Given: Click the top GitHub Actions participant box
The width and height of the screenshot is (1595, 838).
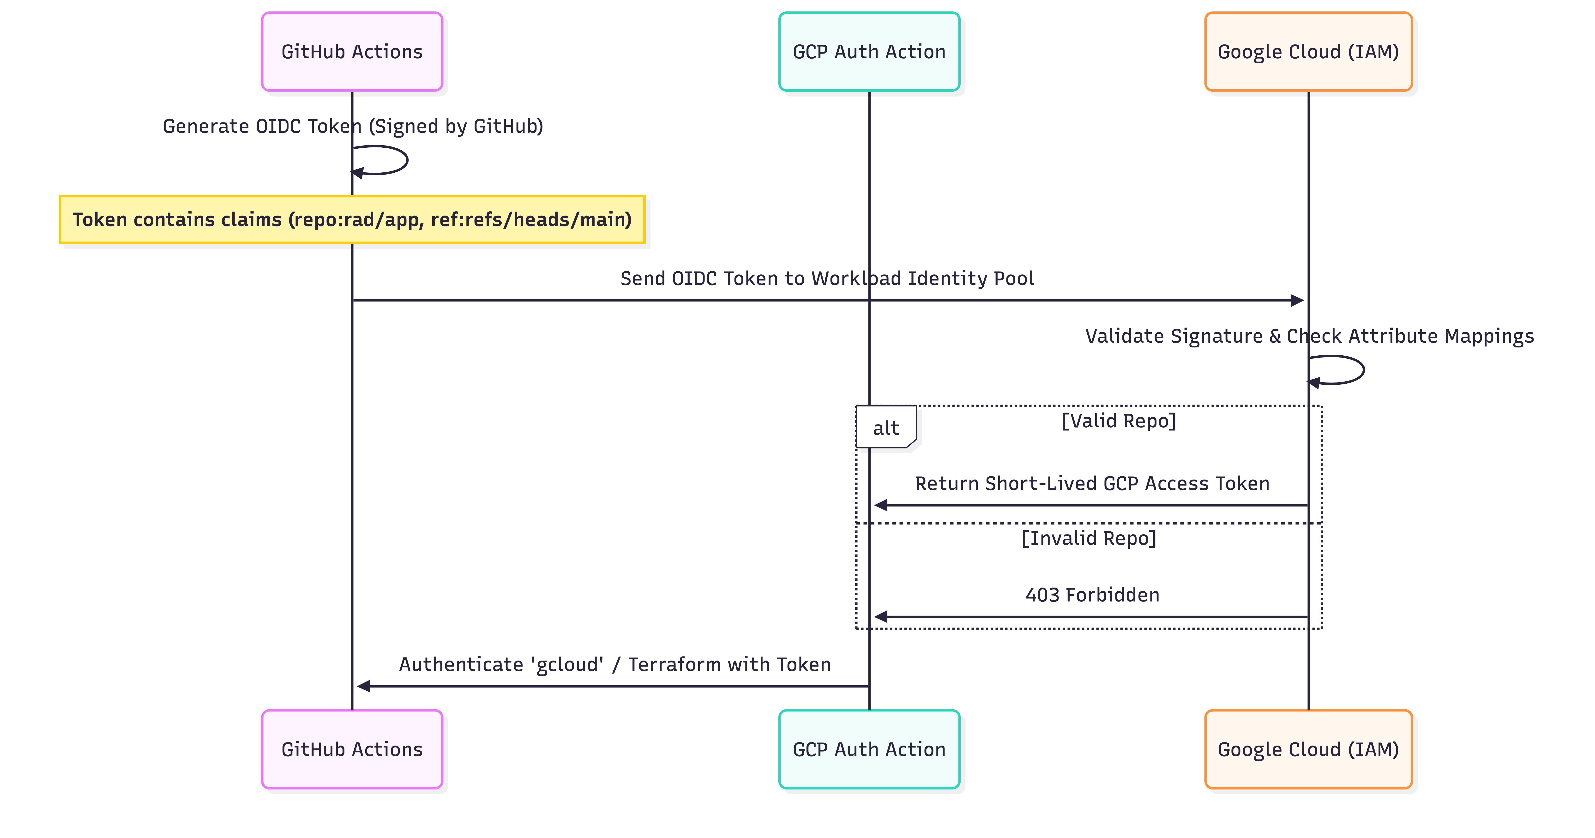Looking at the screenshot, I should pyautogui.click(x=352, y=51).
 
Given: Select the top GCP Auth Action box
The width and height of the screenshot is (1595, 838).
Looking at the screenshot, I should pyautogui.click(x=869, y=51).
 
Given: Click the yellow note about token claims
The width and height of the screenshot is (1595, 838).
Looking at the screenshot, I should pyautogui.click(x=352, y=219).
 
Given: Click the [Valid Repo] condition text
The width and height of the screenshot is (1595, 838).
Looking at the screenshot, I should pyautogui.click(x=1118, y=420).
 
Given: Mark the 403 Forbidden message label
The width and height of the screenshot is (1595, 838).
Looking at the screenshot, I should pyautogui.click(x=1092, y=595).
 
